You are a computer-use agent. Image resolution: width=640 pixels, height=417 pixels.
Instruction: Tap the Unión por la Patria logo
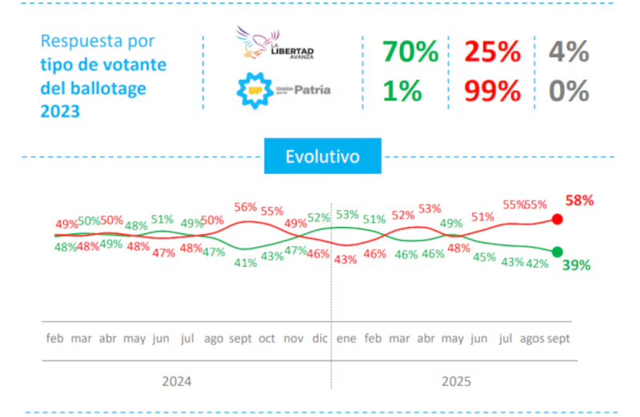pos(282,90)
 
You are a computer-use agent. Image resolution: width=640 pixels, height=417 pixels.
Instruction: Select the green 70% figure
pos(410,53)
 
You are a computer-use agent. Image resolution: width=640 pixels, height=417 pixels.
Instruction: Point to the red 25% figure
pos(493,53)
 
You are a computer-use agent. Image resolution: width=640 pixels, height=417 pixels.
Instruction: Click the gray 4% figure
pos(569,53)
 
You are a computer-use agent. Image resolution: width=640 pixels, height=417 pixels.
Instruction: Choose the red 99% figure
pos(493,91)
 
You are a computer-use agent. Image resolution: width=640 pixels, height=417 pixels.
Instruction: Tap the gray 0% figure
pos(569,91)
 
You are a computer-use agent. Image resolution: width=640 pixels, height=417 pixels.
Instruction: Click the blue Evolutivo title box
pos(322,157)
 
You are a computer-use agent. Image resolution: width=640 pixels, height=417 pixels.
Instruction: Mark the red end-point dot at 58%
pos(558,220)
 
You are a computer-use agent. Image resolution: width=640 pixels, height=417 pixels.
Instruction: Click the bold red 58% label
pos(579,201)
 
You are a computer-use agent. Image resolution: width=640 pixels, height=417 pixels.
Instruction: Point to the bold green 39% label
pos(576,265)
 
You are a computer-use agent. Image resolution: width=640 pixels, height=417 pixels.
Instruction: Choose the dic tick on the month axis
pos(318,338)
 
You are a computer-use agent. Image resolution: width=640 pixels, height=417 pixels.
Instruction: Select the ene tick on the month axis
pos(346,338)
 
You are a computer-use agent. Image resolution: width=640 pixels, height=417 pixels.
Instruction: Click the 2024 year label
pos(177,381)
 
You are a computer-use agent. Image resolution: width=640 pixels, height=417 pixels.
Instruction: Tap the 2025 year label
pos(457,381)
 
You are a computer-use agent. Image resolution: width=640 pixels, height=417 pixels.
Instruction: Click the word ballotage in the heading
pos(106,89)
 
